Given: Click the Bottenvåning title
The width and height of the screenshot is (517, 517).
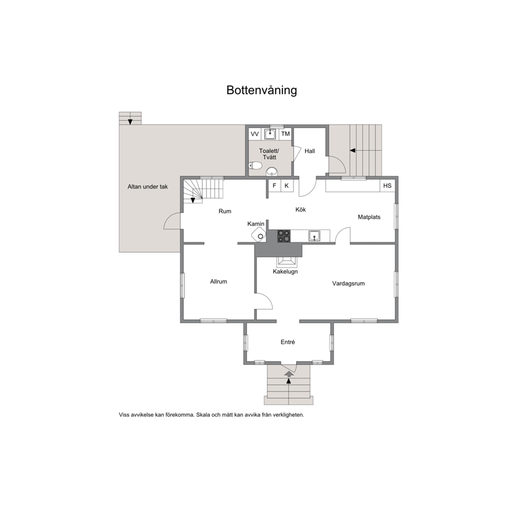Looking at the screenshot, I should coord(262,90).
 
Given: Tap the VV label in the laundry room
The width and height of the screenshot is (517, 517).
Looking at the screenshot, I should coord(255,134).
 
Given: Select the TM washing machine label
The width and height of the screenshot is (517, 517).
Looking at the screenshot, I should coord(285,134).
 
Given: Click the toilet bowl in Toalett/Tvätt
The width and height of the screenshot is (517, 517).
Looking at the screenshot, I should coord(255,166).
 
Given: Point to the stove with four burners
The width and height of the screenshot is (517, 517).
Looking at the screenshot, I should coord(284,236).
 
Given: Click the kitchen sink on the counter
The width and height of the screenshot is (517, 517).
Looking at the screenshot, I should coord(314,236).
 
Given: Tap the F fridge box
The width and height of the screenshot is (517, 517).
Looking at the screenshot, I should coord(274,186).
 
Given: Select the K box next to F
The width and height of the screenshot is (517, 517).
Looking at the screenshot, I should coord(286,186).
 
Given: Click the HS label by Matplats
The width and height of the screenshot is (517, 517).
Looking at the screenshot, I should coord(387,186).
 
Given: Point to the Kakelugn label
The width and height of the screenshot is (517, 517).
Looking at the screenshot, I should coord(285,272).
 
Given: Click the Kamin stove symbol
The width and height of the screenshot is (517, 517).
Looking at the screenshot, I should coord(260,236).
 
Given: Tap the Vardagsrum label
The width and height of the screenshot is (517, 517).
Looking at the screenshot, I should coord(348,284).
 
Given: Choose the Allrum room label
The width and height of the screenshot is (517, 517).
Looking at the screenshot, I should coord(218,281).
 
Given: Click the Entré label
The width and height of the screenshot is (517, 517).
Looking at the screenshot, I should coord(288,342).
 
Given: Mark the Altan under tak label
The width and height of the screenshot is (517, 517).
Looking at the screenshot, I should coord(148,186).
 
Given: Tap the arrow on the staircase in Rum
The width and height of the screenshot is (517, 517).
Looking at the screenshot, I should coord(194,199).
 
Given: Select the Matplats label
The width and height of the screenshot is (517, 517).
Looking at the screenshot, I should coord(369,217).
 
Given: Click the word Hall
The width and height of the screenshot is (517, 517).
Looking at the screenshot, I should coord(310,151).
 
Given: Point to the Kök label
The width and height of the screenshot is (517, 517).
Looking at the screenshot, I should coord(300,210).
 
